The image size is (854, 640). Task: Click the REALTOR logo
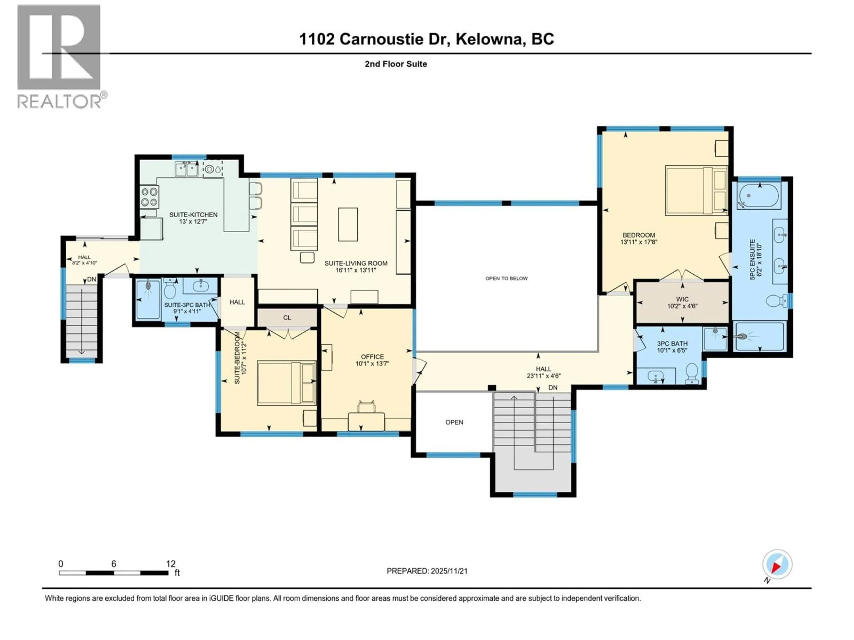[x=60, y=56]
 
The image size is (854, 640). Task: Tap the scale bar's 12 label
[x=171, y=564]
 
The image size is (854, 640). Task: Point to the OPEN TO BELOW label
[x=506, y=278]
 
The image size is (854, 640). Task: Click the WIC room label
[x=682, y=299]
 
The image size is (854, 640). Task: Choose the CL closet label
[x=287, y=318]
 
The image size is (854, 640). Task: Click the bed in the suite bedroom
[x=286, y=383]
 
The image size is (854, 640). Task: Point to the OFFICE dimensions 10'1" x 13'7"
[x=372, y=363]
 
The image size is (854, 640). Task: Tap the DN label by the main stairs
[x=553, y=387]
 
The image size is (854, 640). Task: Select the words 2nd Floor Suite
[x=396, y=64]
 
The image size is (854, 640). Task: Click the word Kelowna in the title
[x=488, y=39]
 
